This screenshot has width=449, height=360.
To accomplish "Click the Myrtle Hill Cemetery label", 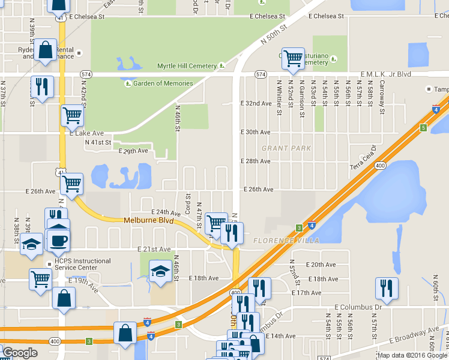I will pyautogui.click(x=186, y=66).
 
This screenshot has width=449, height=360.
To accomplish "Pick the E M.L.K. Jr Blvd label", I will pyautogui.click(x=385, y=74).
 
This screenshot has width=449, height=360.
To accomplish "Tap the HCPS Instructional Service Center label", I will pyautogui.click(x=83, y=265).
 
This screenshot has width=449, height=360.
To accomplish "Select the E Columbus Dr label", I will pyautogui.click(x=358, y=307).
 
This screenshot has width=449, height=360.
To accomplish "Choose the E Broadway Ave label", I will pyautogui.click(x=415, y=335).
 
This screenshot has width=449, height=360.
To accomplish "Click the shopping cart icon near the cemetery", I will pyautogui.click(x=293, y=58).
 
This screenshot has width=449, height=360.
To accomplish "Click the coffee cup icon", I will pyautogui.click(x=58, y=241).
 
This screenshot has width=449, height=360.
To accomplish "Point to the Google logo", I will pyautogui.click(x=20, y=353).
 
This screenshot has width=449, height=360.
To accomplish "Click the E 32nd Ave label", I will pyautogui.click(x=256, y=103).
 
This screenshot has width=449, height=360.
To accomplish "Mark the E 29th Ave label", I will pyautogui.click(x=133, y=151).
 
